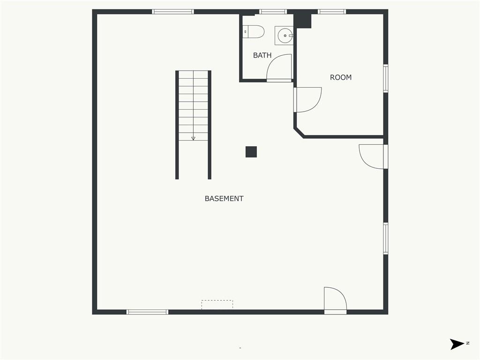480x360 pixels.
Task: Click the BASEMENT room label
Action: click(224, 199)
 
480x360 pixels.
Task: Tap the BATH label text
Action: click(262, 55)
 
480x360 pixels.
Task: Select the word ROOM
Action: click(341, 77)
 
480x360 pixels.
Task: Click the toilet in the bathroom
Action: click(254, 31)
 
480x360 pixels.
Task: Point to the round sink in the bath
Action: click(285, 36)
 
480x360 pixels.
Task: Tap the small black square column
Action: click(251, 152)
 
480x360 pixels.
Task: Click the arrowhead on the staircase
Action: click(193, 139)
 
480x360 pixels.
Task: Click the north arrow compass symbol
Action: click(457, 344)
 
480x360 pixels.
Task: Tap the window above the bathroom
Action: click(273, 12)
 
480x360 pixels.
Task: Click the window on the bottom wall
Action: click(147, 312)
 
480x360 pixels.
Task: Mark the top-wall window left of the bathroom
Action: click(173, 12)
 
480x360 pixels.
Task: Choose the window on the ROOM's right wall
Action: click(386, 78)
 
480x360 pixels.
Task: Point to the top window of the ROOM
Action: click(332, 12)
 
